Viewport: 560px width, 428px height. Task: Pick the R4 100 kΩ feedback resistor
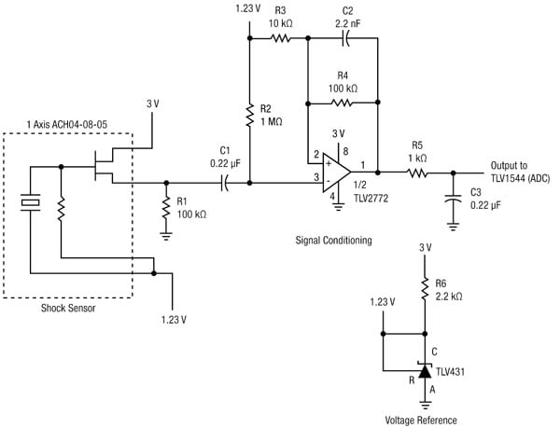342,104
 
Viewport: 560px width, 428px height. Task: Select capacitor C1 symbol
224,184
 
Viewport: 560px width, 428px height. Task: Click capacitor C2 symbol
344,38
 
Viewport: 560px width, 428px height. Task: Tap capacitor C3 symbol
453,198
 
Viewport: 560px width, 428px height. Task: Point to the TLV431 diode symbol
426,372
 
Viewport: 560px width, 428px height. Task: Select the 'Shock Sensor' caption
72,309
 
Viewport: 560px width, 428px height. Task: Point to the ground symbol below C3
453,225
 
